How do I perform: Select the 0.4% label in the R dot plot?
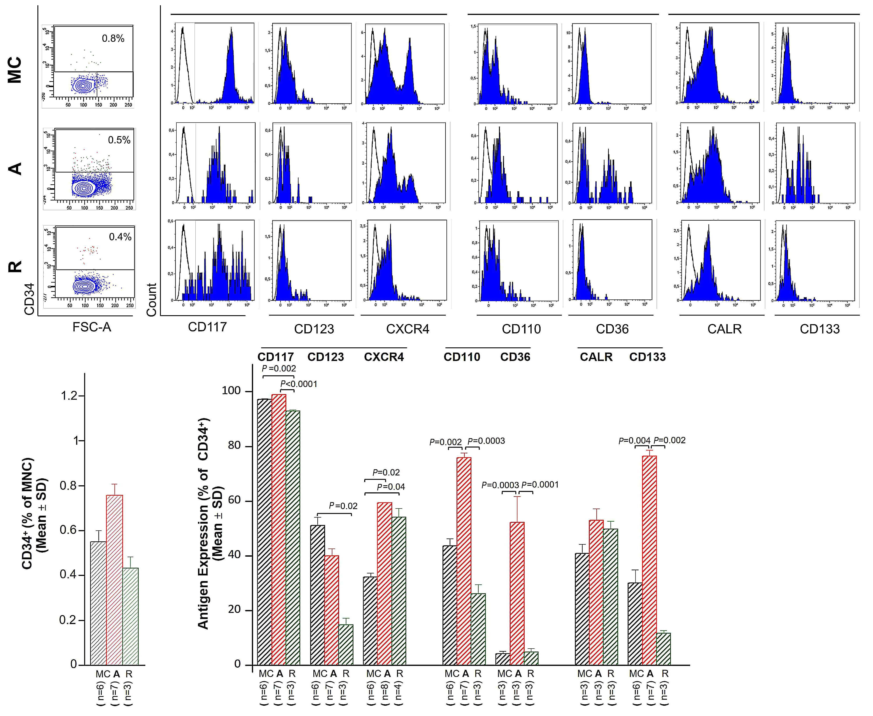120,237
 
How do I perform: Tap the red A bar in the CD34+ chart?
115,579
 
